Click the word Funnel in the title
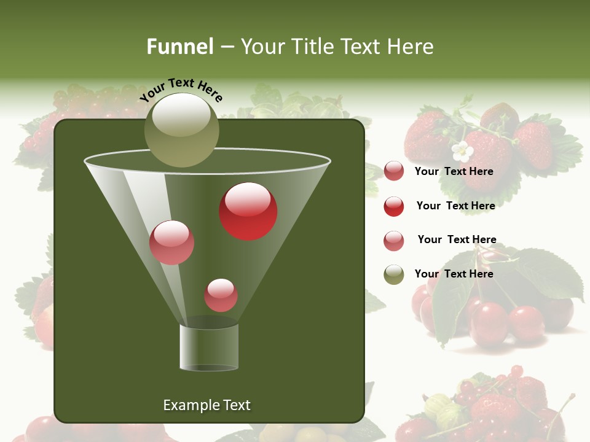pos(179,47)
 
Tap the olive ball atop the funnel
pos(182,130)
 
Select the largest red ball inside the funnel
pos(248,211)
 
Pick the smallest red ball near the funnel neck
pos(221,295)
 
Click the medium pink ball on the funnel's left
pos(171,242)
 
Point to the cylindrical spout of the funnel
pos(209,347)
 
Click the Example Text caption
pos(206,405)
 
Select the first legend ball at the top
pos(394,171)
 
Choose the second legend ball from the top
pos(394,206)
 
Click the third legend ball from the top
pos(394,241)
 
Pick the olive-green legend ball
pos(394,274)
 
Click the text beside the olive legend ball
pos(454,274)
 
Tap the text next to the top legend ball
pos(454,171)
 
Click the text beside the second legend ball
pos(455,206)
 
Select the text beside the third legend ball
pos(457,239)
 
